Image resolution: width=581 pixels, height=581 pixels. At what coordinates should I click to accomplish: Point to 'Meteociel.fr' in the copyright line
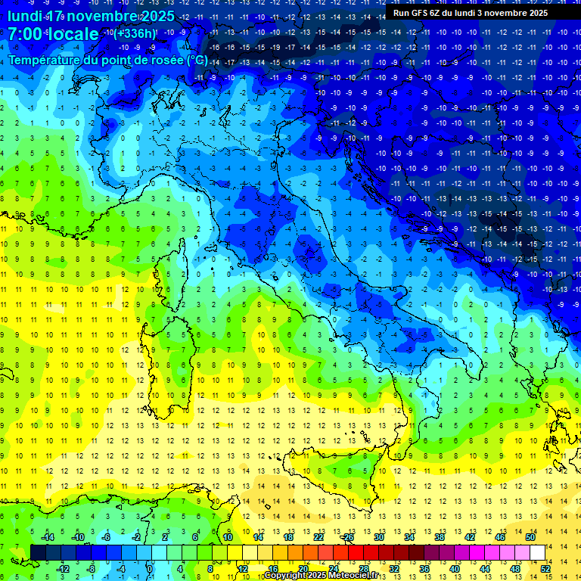click(351, 576)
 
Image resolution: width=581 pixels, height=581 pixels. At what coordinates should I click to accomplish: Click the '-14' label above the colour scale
click(46, 536)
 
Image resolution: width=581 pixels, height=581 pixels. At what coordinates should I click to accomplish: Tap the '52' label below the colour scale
click(545, 568)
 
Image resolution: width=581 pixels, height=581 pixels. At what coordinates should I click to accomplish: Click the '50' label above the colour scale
click(530, 536)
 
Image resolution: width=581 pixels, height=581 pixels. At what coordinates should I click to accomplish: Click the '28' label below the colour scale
click(363, 568)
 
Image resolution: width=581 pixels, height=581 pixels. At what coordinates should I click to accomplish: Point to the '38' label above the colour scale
click(440, 536)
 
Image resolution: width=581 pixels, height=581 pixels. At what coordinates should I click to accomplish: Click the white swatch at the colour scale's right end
click(537, 552)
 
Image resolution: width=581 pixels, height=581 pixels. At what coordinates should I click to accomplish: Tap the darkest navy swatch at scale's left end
click(38, 552)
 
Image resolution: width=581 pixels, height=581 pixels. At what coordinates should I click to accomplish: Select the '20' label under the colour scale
click(303, 568)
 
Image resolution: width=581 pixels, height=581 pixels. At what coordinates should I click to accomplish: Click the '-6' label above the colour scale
click(106, 536)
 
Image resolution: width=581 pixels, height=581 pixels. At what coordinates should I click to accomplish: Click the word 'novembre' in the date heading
click(107, 16)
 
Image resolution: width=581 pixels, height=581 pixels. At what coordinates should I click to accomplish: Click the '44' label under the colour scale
click(485, 568)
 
